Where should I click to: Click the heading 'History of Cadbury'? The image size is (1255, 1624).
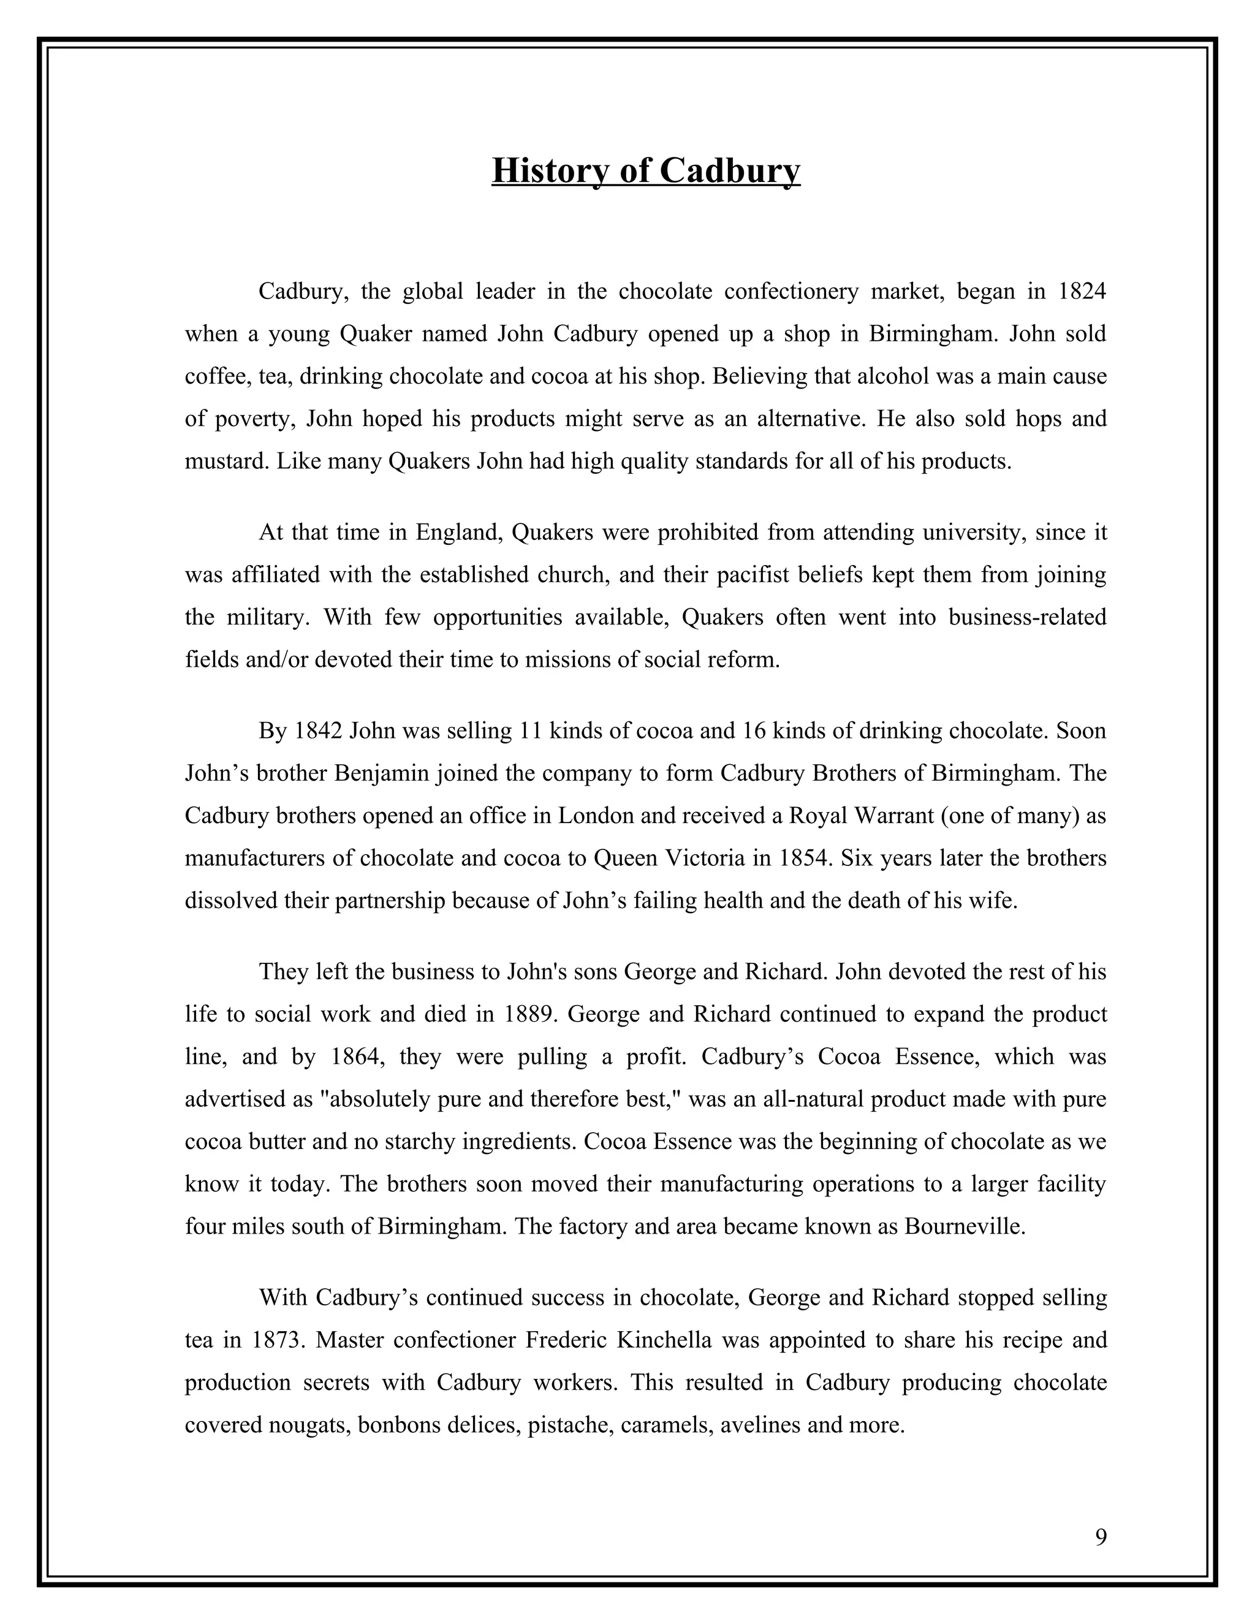[645, 170]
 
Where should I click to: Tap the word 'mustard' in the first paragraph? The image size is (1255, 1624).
[227, 462]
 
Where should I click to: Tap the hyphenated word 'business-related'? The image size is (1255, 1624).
[1027, 617]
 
